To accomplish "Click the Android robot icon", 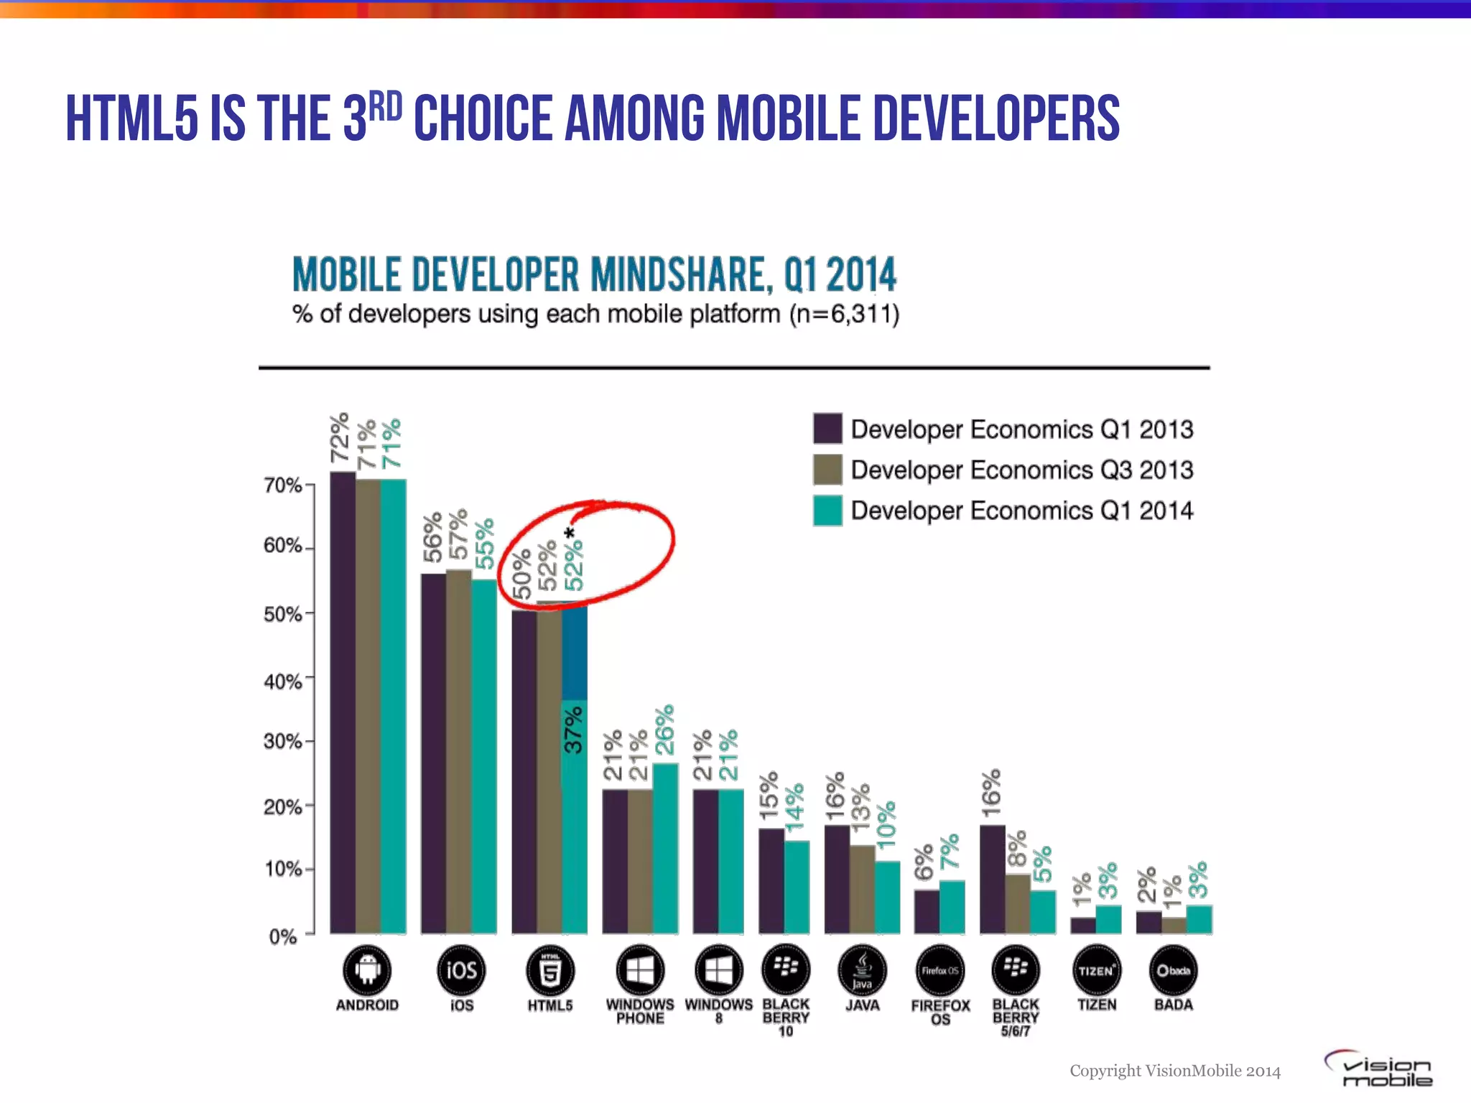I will pos(367,970).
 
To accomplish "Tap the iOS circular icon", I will pos(461,970).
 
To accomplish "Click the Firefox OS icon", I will pos(939,971).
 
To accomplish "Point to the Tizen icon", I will pos(1096,971).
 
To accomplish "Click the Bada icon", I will pos(1173,971).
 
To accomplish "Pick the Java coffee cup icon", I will pos(862,971).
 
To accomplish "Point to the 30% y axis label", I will pos(283,741).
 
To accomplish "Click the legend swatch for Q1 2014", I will pos(827,511).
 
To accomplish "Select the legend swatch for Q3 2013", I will pos(827,470).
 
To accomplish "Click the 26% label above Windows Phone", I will pos(665,730).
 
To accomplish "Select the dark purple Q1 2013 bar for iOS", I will pos(433,754).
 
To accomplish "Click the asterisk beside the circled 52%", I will pos(570,534).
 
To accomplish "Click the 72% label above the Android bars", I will pos(340,437).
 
